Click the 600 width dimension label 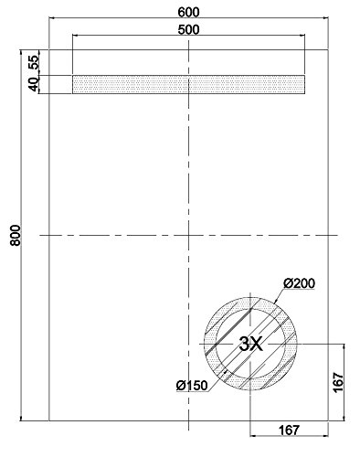pyautogui.click(x=188, y=12)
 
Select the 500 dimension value pyautogui.click(x=188, y=29)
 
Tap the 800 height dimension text pyautogui.click(x=16, y=235)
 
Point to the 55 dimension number pyautogui.click(x=35, y=62)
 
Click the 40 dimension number pyautogui.click(x=35, y=84)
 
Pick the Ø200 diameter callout pyautogui.click(x=299, y=283)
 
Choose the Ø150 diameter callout pyautogui.click(x=192, y=386)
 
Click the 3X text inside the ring pyautogui.click(x=250, y=344)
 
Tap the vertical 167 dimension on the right pyautogui.click(x=338, y=382)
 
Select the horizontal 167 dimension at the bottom pyautogui.click(x=289, y=430)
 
